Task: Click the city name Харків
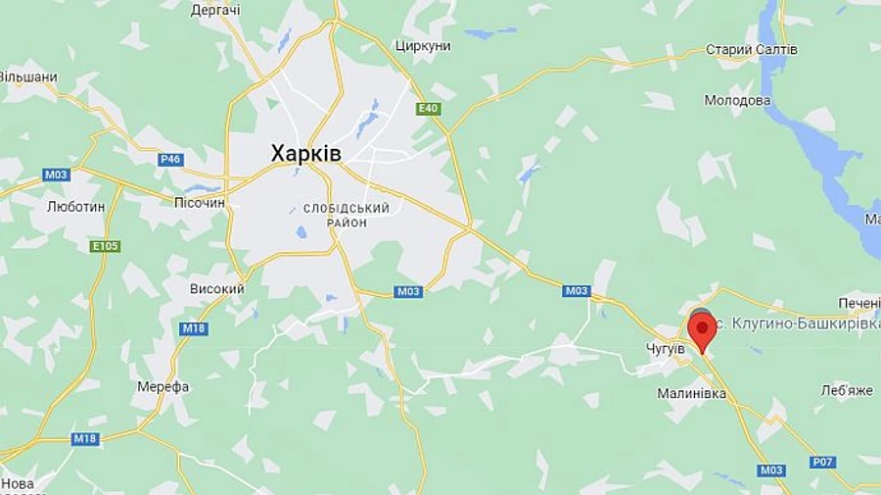(306, 154)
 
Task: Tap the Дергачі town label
(215, 10)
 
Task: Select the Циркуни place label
(422, 46)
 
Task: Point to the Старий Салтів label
(752, 50)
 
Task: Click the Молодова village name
(736, 100)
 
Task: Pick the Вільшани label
(27, 76)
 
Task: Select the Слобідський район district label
(347, 216)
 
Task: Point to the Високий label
(216, 289)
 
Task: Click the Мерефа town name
(162, 386)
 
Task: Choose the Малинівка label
(691, 393)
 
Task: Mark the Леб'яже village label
(847, 390)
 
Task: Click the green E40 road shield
(428, 109)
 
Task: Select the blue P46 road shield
(170, 159)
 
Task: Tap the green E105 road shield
(105, 246)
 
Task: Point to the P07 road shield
(823, 462)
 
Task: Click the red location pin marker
(701, 330)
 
